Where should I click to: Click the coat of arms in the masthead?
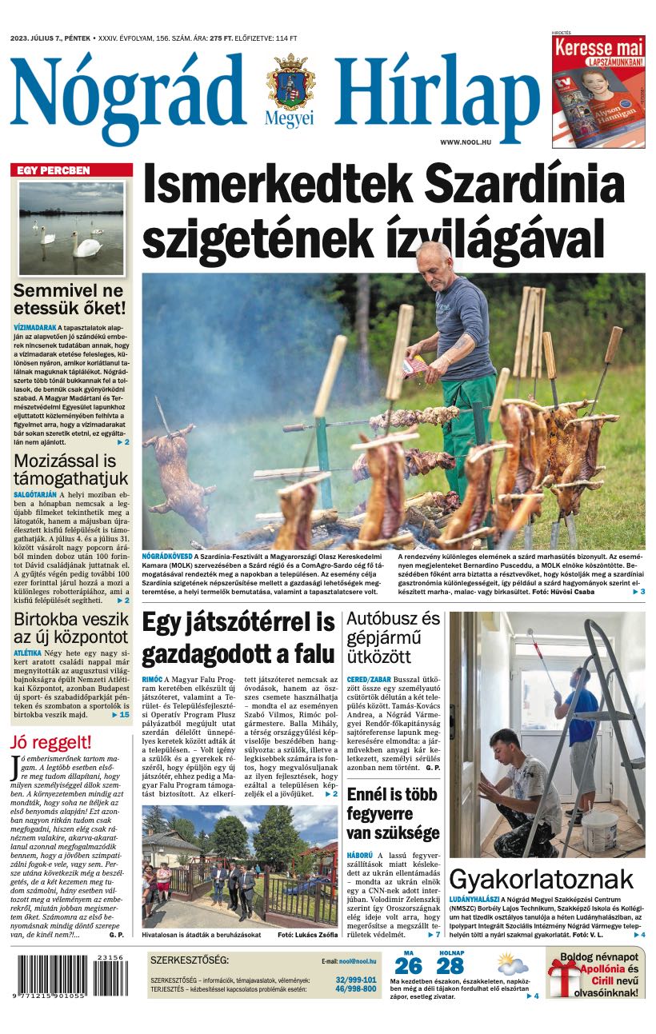290,84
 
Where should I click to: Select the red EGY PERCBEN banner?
71,170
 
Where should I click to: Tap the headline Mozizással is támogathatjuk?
70,470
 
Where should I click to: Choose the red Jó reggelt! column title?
51,741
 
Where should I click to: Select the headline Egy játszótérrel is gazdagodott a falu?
238,638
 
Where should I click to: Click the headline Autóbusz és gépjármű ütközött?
393,638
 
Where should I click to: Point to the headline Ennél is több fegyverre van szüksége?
393,814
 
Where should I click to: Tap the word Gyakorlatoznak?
541,879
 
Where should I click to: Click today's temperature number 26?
408,965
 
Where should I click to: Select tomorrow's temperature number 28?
450,965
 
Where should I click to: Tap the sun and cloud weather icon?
513,963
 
